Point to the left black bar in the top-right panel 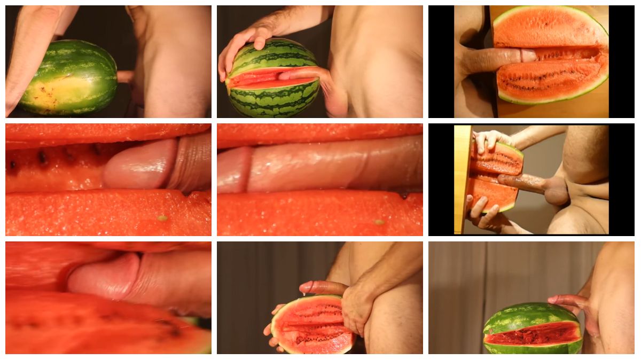click(441, 61)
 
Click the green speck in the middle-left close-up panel click(162, 218)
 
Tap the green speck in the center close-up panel click(379, 222)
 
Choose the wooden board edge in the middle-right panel click(462, 179)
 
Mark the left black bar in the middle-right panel click(441, 179)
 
